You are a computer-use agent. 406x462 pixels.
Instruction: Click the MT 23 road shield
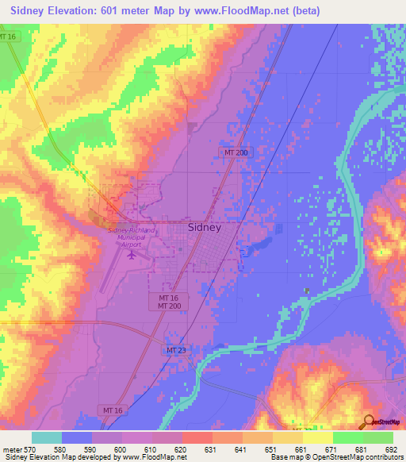click(176, 350)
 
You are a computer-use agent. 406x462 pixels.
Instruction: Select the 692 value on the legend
click(388, 449)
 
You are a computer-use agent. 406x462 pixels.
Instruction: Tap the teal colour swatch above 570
click(47, 437)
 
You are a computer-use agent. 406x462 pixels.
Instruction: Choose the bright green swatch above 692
click(378, 437)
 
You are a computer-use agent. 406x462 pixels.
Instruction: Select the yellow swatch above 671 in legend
click(318, 437)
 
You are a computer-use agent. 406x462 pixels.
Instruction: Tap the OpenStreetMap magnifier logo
click(370, 421)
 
